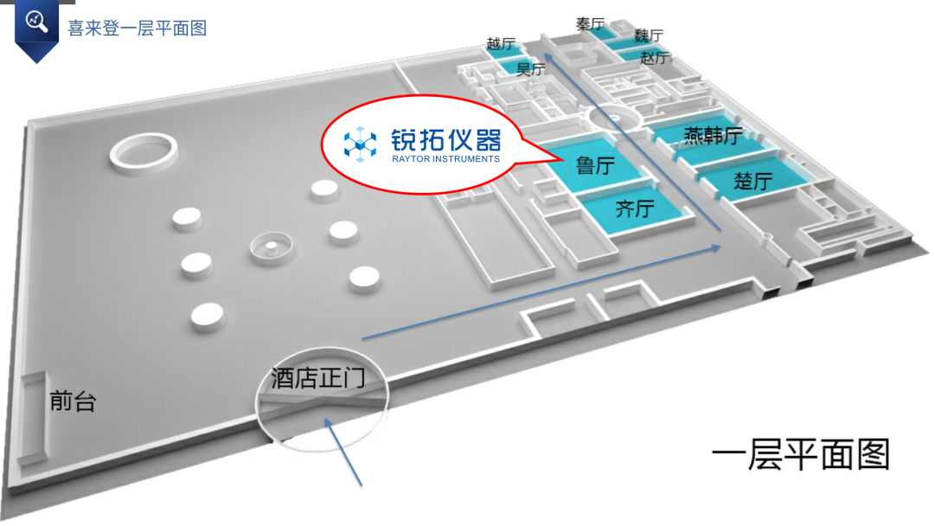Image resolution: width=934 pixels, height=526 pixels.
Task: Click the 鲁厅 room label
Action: [x=595, y=164]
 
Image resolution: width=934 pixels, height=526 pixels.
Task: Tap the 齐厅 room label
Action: [x=635, y=208]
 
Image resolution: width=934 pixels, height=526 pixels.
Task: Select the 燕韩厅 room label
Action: [x=713, y=136]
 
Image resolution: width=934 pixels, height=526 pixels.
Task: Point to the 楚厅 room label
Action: [x=752, y=182]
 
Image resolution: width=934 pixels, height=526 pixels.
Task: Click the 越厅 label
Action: [x=502, y=43]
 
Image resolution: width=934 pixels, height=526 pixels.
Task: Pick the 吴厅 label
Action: [x=530, y=68]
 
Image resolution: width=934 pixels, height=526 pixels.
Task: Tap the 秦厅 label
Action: [x=591, y=24]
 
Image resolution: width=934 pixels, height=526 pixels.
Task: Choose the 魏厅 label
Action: [x=649, y=36]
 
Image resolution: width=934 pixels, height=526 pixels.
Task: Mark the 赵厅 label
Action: [x=655, y=58]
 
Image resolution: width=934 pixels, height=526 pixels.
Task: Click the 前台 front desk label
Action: [x=73, y=401]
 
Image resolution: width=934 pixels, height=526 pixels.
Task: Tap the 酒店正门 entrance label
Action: [x=317, y=378]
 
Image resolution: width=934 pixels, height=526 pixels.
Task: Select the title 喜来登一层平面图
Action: [x=138, y=28]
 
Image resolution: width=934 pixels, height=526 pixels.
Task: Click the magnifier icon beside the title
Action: [x=37, y=22]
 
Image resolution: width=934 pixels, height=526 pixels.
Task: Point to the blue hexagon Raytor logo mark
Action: [x=360, y=144]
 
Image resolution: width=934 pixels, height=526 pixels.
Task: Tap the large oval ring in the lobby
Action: [x=143, y=152]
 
